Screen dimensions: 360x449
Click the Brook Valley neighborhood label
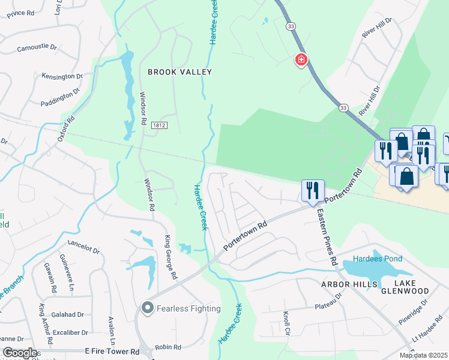pos(180,72)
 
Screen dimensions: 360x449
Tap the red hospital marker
pos(301,59)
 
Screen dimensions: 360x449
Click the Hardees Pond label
pos(378,259)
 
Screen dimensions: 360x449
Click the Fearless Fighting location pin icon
pos(147,308)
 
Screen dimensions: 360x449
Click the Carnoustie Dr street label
pos(37,48)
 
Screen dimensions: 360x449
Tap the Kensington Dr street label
pos(62,77)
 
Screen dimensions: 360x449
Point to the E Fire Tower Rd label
pos(112,351)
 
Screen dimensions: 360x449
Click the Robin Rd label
pos(168,347)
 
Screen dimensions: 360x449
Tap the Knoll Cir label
pos(286,323)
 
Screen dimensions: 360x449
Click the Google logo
pos(20,353)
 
